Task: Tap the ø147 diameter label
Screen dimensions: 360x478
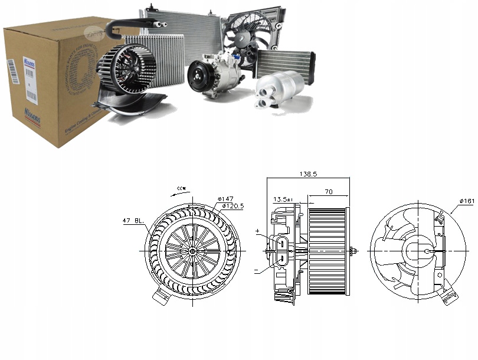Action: (x=226, y=199)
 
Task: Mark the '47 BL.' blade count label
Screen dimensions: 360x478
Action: (x=133, y=221)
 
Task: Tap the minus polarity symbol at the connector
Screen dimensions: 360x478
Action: (x=256, y=271)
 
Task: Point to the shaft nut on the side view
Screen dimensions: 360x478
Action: (x=352, y=250)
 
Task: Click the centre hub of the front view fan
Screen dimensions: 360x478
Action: (x=194, y=250)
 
